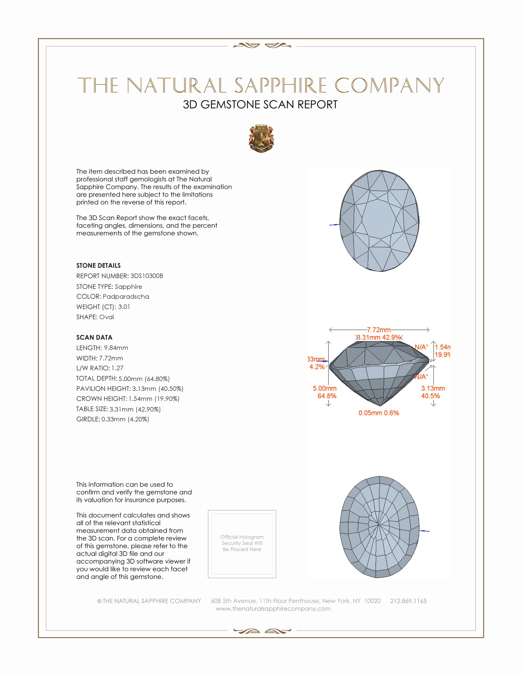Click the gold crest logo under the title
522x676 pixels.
point(261,139)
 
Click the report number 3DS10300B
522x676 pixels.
point(146,276)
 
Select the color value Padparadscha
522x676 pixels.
point(126,297)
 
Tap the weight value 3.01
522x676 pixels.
point(124,307)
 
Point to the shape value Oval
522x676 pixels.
point(106,317)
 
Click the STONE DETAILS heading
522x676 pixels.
point(98,265)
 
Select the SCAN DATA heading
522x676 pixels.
point(94,337)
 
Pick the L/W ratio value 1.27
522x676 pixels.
point(118,368)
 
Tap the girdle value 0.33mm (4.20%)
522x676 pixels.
point(125,419)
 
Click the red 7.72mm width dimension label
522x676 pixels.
point(379,330)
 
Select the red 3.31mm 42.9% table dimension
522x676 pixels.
point(379,337)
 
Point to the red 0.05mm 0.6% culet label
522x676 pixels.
point(379,413)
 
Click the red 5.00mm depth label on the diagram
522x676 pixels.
point(325,388)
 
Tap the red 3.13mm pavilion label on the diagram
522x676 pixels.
point(433,388)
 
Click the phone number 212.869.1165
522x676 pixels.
point(408,601)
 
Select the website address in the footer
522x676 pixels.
point(273,608)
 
